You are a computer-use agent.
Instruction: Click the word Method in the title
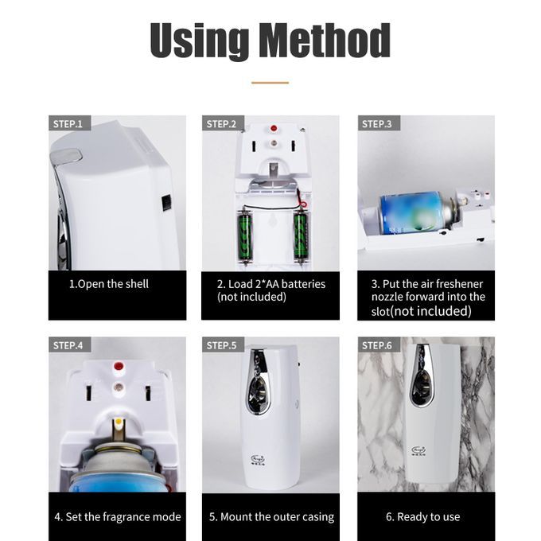325,41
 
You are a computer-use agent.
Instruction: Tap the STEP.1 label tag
69,123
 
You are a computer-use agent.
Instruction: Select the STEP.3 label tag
379,123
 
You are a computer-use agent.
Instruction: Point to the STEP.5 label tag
223,344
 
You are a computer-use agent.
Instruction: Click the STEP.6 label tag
379,344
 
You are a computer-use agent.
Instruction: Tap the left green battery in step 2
245,237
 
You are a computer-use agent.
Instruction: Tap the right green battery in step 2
301,237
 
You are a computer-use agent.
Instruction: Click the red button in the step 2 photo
274,128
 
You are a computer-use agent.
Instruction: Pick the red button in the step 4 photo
119,366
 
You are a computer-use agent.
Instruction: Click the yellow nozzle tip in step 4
119,422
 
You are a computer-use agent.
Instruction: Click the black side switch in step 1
166,203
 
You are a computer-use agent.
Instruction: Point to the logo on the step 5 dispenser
258,460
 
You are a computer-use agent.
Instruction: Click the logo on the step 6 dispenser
418,450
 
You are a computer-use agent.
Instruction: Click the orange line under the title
270,83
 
